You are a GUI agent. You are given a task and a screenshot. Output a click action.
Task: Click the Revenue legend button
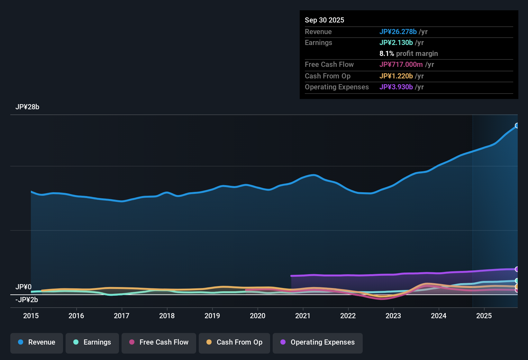click(37, 342)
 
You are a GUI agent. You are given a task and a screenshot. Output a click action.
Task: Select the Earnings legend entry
click(92, 342)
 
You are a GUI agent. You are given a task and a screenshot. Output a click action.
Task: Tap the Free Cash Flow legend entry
click(159, 342)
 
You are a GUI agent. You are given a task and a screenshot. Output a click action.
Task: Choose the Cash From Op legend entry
click(234, 342)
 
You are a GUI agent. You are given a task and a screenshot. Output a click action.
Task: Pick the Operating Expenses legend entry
click(318, 342)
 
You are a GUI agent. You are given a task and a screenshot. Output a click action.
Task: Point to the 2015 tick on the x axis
click(31, 316)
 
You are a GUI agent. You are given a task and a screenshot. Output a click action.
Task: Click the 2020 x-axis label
click(258, 316)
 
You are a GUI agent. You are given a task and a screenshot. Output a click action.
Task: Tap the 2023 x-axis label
click(393, 316)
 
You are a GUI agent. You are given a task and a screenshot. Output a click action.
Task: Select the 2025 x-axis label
click(484, 316)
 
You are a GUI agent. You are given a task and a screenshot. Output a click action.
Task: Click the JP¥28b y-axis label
click(27, 107)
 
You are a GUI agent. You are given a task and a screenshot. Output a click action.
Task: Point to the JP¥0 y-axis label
click(23, 287)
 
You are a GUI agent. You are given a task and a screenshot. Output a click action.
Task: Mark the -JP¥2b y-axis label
click(27, 300)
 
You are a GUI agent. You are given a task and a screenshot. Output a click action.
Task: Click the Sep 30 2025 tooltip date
click(324, 20)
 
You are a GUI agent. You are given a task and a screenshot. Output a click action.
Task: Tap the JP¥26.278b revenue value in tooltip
click(398, 32)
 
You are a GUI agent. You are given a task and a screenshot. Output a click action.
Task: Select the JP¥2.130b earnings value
click(396, 42)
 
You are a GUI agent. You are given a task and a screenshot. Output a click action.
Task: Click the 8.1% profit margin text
click(408, 53)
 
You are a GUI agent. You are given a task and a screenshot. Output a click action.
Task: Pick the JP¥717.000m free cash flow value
click(401, 64)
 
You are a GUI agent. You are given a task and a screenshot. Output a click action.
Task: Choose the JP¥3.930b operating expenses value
click(396, 87)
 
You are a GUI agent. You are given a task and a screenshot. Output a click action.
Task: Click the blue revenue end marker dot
click(517, 125)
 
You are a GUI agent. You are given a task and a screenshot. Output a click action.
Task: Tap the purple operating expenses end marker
click(517, 269)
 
